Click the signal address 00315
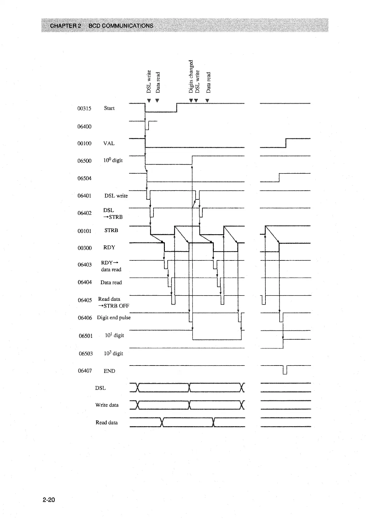[84, 108]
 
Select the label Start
[109, 108]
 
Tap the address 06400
[84, 126]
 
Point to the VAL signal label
[109, 143]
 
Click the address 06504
[84, 178]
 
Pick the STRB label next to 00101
[111, 230]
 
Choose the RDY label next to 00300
[109, 247]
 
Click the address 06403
[85, 265]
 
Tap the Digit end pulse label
[114, 317]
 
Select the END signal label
[109, 371]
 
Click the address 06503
[86, 353]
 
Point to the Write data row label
[107, 405]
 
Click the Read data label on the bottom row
[106, 423]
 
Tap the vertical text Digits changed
[191, 76]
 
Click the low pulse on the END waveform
[285, 370]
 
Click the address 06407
[85, 371]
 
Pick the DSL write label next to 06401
[116, 196]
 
